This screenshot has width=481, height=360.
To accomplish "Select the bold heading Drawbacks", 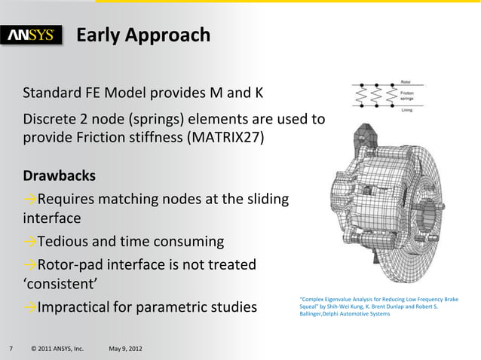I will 60,176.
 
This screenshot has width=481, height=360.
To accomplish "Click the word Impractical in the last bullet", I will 82,308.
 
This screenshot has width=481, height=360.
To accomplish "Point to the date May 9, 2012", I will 130,349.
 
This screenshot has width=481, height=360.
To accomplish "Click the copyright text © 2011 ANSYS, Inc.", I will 57,349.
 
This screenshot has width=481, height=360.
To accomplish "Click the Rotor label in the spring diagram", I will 426,81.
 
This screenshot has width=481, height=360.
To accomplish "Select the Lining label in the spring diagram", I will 427,111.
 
